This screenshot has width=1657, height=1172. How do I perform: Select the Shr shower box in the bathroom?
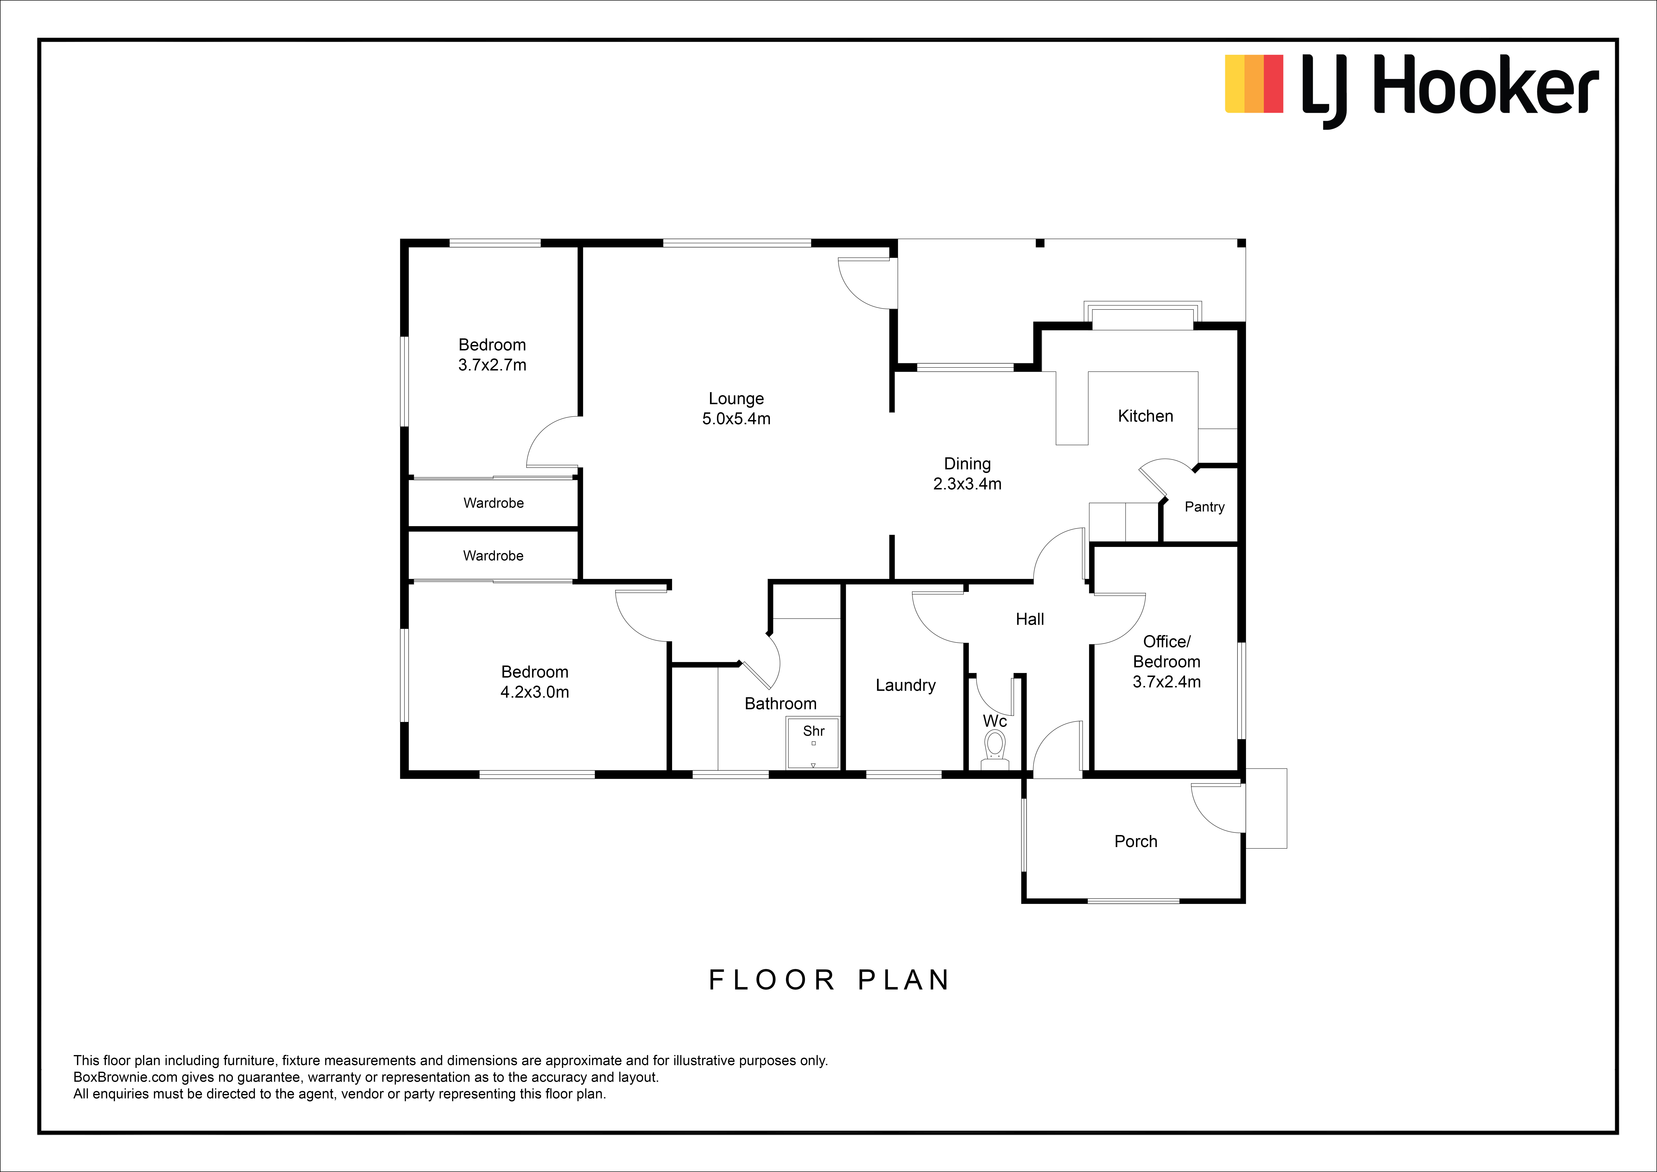(x=813, y=743)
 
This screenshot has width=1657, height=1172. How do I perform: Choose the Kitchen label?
(x=1145, y=416)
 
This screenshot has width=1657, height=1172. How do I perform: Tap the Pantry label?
(x=1204, y=507)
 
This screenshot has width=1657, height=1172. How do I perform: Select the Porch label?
(x=1136, y=841)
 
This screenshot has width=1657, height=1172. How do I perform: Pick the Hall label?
(x=1030, y=619)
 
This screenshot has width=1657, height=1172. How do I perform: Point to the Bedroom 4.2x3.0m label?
(x=535, y=682)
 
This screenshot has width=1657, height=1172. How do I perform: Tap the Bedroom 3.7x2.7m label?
(x=492, y=355)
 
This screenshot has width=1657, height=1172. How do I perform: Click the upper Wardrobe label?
(x=494, y=503)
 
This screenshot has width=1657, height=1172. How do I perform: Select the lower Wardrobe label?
(x=494, y=555)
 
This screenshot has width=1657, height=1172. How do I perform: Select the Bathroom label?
(x=780, y=703)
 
